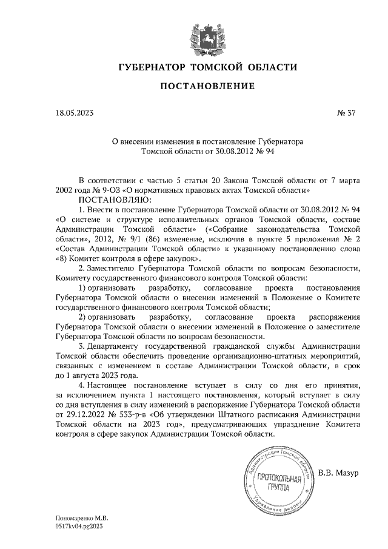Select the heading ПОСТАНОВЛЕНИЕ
[207, 87]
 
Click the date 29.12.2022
[76, 413]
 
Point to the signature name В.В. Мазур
[339, 471]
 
